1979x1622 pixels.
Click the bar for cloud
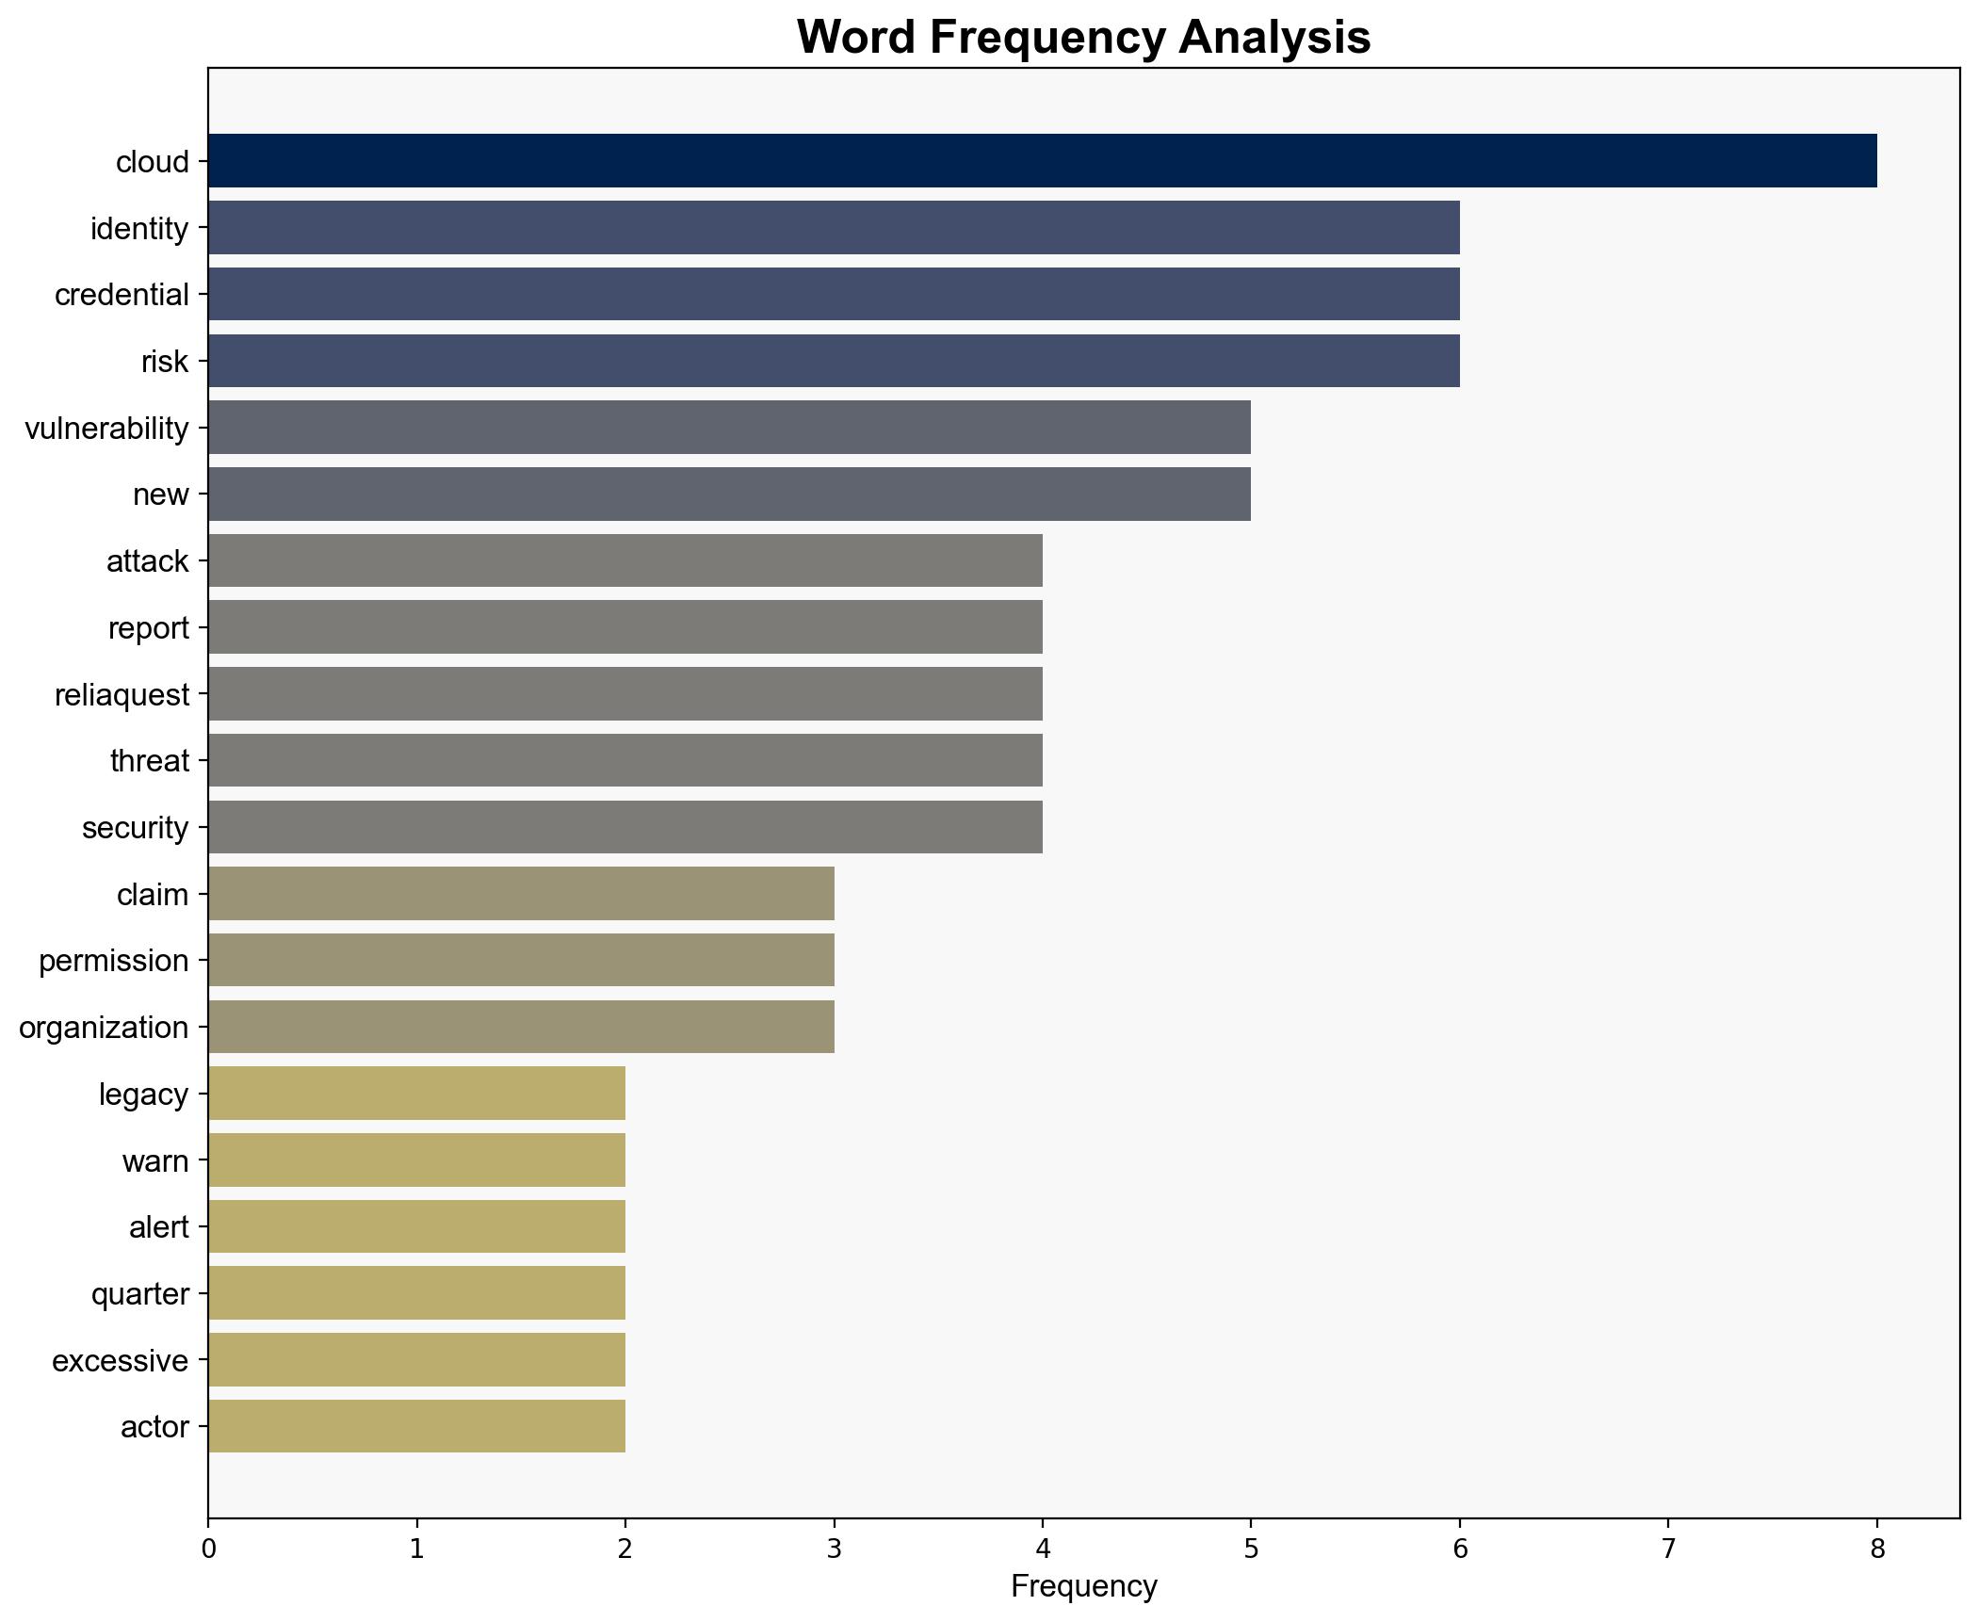point(1041,161)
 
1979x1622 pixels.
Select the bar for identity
point(833,228)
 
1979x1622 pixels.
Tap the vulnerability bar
point(728,428)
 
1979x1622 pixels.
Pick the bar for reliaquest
point(625,694)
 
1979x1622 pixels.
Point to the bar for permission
point(520,961)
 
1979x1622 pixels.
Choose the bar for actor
point(415,1427)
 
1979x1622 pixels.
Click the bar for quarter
point(415,1293)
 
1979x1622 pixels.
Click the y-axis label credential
point(122,295)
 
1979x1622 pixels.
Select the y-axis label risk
point(165,362)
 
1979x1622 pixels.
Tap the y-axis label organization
point(104,1028)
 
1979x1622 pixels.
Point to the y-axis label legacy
point(143,1095)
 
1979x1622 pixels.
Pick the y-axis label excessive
point(120,1361)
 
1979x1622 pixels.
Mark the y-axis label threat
point(149,761)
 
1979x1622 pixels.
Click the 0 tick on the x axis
point(208,1549)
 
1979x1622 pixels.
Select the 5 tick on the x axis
point(1251,1549)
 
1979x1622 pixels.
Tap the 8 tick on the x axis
point(1876,1549)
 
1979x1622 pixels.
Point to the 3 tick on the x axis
point(834,1549)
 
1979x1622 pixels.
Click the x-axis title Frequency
point(1083,1587)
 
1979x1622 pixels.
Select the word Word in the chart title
point(858,38)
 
